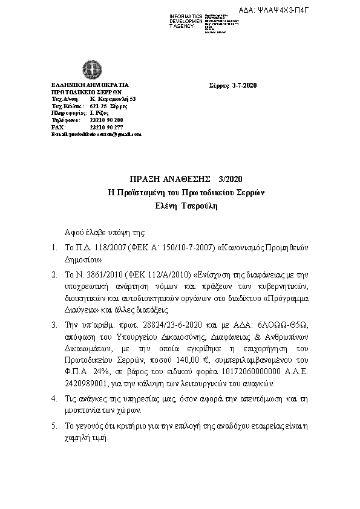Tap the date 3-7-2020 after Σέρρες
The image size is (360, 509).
click(x=245, y=85)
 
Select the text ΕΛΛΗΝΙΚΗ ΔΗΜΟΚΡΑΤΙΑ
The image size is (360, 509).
click(x=90, y=85)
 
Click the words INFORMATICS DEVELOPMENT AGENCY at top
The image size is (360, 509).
click(x=186, y=21)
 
